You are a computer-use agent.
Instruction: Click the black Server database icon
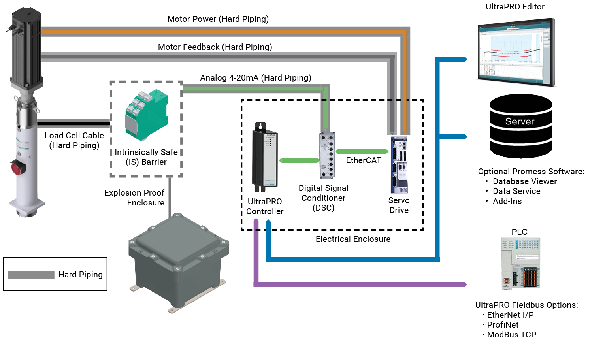(x=520, y=126)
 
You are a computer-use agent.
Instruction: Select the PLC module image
(x=520, y=264)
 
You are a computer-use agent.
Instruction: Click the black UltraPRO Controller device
(x=264, y=158)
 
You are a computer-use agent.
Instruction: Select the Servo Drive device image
(x=399, y=165)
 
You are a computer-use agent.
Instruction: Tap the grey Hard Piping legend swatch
(x=31, y=275)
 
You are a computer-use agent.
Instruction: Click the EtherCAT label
(x=363, y=160)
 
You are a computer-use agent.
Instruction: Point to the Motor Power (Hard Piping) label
(x=218, y=19)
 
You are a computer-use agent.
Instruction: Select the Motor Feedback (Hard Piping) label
(x=215, y=47)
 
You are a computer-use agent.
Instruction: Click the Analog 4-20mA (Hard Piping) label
(x=255, y=78)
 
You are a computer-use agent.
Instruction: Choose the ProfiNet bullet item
(x=503, y=325)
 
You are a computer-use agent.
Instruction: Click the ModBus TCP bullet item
(x=511, y=335)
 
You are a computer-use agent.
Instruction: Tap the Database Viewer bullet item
(x=524, y=181)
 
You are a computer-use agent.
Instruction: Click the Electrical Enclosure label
(x=353, y=239)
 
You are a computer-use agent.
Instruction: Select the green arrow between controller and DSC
(x=299, y=160)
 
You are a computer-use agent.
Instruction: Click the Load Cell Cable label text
(x=74, y=136)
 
